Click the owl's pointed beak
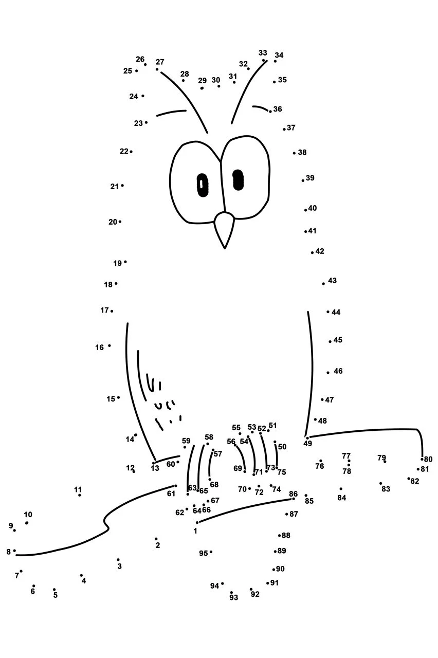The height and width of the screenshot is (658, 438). coord(225,229)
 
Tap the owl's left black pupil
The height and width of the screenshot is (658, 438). coord(203,185)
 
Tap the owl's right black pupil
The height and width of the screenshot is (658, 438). coord(238,180)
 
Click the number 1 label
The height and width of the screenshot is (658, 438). coord(195,531)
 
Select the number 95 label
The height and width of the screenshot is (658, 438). coord(203,553)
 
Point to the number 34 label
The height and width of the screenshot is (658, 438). coord(279,55)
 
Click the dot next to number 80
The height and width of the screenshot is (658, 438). coord(422,459)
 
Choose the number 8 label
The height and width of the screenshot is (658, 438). coord(9,552)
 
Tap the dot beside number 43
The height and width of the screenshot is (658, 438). coord(323,284)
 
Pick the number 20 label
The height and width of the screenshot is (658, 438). coord(113,222)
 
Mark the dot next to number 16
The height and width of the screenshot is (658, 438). coord(109,345)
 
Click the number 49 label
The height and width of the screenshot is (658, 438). coord(307,443)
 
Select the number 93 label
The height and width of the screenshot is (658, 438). coord(234,597)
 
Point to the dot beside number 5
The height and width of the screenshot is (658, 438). coord(54,589)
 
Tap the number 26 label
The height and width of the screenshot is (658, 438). coord(140,59)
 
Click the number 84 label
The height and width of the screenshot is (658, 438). coord(342,498)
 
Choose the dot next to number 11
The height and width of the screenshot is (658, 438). coord(79,495)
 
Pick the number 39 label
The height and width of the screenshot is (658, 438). coord(310,178)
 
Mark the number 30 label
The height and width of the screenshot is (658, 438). coord(216,80)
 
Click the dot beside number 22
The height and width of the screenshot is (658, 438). coord(131,152)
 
